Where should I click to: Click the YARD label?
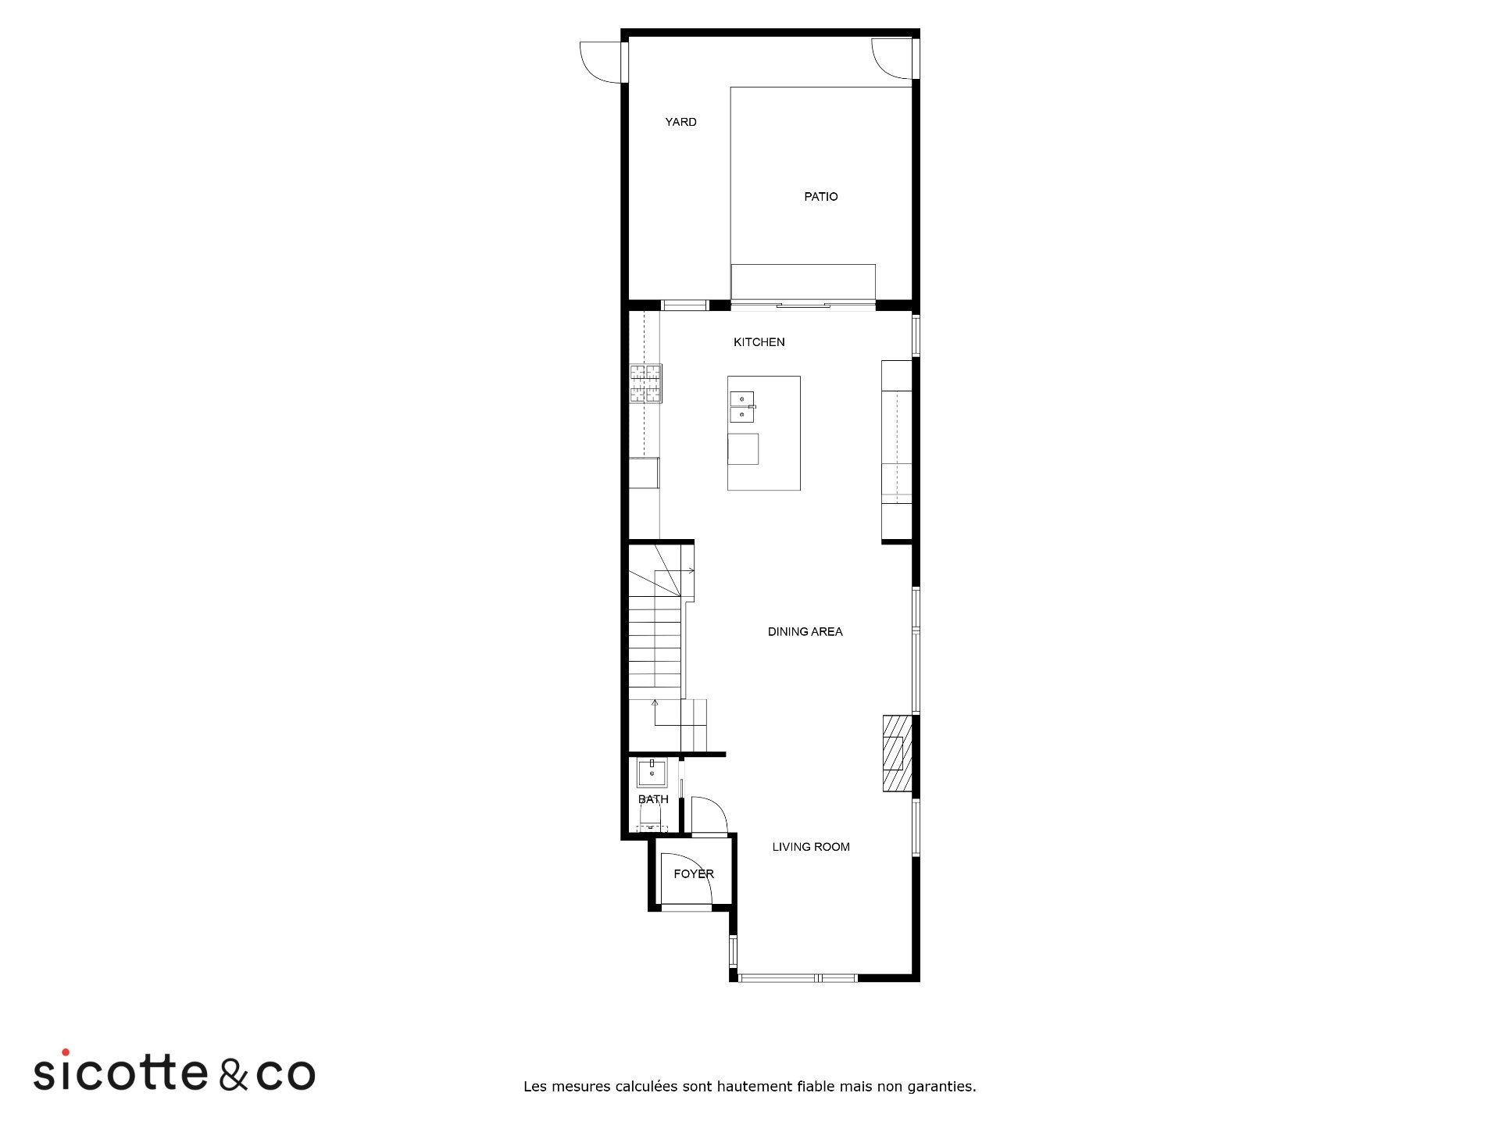pos(680,122)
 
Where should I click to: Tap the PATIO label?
pos(821,197)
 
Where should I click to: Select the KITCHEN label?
pos(759,342)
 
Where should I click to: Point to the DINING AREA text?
pos(805,632)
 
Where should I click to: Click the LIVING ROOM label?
pos(811,847)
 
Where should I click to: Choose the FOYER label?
pos(694,874)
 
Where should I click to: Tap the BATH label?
pos(653,799)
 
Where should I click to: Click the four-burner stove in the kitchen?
pos(646,384)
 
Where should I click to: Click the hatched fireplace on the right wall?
pos(897,753)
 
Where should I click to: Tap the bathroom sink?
pos(652,773)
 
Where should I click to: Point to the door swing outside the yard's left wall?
pos(602,62)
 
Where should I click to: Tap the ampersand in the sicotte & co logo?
pos(234,1074)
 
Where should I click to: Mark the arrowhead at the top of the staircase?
pos(692,570)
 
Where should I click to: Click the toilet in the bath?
pos(651,818)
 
